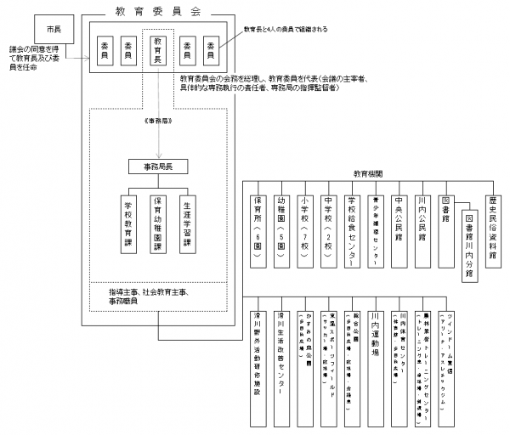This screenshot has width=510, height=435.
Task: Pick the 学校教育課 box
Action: [128, 223]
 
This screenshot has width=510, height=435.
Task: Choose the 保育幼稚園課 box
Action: [156, 223]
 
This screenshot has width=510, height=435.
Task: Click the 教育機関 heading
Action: [367, 172]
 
